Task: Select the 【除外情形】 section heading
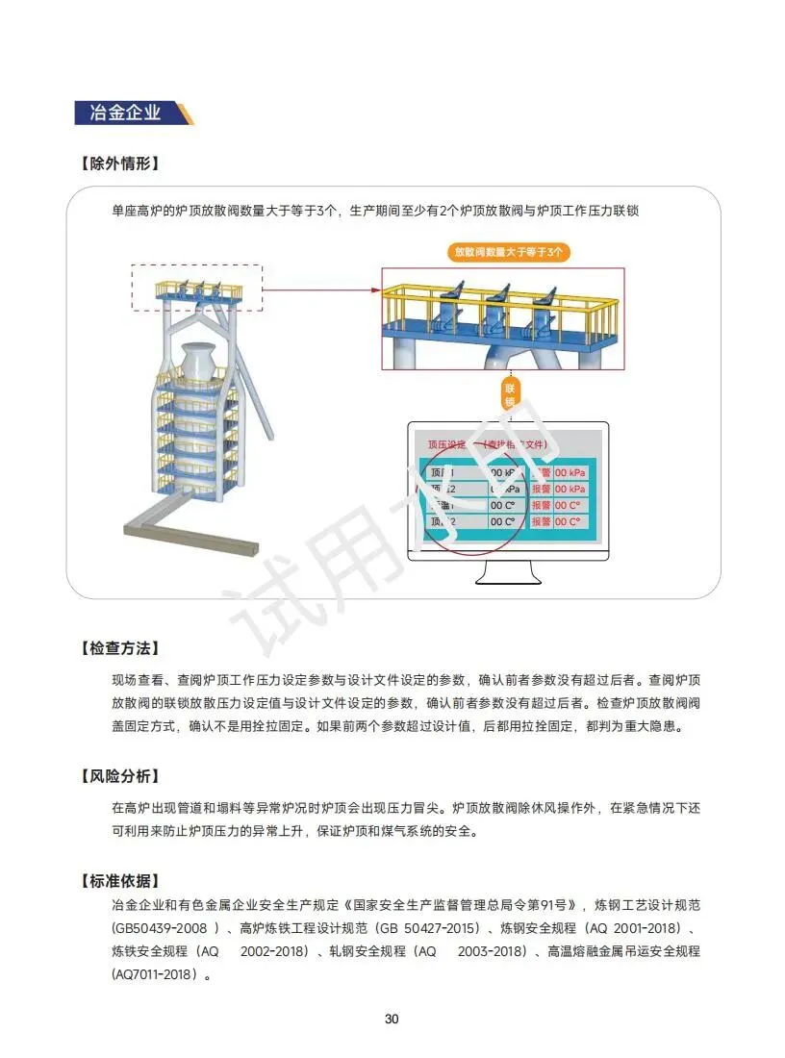(118, 164)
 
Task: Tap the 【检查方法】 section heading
(118, 648)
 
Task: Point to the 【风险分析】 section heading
(118, 775)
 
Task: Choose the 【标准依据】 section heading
(118, 881)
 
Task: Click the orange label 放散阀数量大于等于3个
(510, 253)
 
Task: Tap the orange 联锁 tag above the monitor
(510, 393)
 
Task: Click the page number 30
(392, 1020)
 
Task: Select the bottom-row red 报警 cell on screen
(541, 521)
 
